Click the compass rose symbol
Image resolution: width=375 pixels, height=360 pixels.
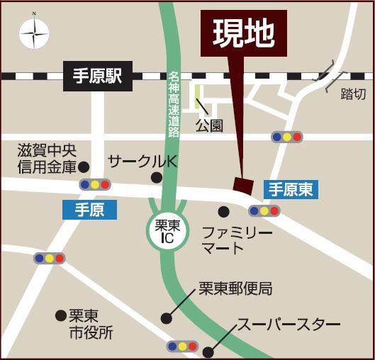click(34, 33)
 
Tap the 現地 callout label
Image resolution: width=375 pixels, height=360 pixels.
click(244, 33)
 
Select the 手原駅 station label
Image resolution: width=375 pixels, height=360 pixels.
click(99, 76)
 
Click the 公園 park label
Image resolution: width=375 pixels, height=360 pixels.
click(209, 125)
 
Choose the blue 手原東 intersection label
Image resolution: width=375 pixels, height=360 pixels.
click(291, 189)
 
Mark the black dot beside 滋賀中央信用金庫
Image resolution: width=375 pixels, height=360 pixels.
click(84, 167)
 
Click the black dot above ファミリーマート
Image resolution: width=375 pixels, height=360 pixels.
click(223, 211)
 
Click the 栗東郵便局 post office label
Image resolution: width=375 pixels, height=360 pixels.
click(235, 288)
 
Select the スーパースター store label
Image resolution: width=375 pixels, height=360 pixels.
click(288, 324)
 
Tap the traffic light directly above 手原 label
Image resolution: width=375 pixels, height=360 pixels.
click(95, 184)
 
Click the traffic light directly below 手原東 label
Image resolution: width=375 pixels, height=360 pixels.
click(264, 210)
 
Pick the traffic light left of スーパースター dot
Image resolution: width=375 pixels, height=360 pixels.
click(182, 347)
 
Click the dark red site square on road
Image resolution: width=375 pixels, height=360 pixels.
click(243, 185)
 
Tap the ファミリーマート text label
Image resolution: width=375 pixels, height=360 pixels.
click(237, 240)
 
